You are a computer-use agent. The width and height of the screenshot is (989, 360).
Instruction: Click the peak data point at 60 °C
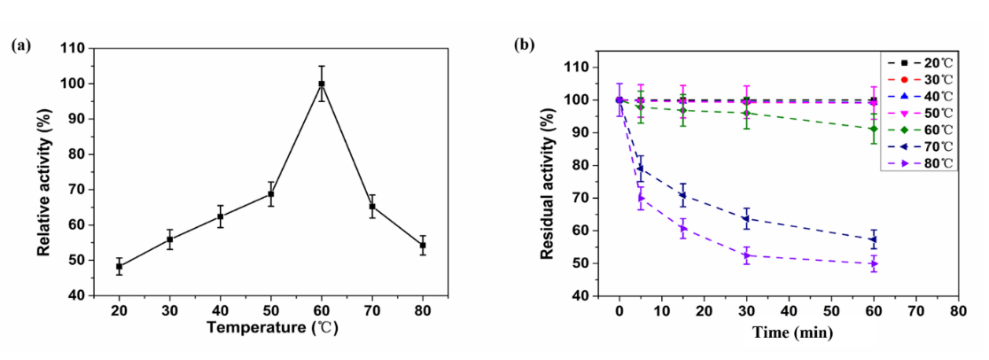coord(321,84)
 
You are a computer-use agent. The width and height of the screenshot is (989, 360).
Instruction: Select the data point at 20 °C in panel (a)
coord(119,266)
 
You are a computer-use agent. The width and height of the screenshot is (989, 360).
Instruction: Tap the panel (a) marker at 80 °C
coord(423,245)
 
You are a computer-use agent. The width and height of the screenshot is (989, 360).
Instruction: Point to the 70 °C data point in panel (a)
coord(372,206)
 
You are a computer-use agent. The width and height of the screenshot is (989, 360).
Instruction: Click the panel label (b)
coord(524,45)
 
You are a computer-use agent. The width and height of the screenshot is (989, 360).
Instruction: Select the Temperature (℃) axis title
coord(273,328)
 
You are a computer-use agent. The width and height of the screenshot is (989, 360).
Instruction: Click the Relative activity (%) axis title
coord(44,182)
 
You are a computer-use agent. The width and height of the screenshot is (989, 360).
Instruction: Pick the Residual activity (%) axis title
coord(547,184)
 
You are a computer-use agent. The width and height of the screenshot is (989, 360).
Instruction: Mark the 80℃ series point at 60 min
coord(874,264)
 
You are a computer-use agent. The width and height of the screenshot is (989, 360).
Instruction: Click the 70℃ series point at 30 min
coord(746,219)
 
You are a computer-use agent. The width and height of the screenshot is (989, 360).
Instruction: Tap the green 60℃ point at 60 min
coord(874,129)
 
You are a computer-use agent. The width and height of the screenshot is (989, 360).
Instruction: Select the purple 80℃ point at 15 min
coord(683,229)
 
